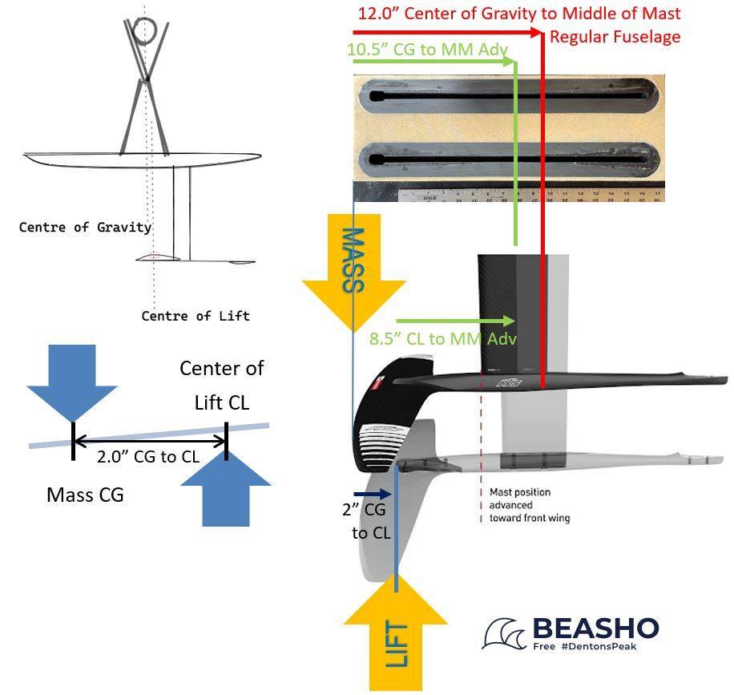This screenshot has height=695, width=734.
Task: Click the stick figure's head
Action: [x=145, y=31]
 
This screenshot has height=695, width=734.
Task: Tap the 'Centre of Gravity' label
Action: [x=85, y=227]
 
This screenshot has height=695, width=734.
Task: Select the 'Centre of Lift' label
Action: [x=195, y=316]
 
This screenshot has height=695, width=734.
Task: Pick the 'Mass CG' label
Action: [x=85, y=495]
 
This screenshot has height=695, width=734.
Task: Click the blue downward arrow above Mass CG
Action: [x=72, y=382]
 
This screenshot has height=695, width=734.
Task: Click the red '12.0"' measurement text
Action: [x=379, y=14]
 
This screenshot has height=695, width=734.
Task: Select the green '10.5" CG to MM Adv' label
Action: [x=427, y=50]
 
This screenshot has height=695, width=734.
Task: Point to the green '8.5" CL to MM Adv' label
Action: [x=442, y=339]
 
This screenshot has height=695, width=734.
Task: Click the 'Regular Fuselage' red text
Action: [x=614, y=37]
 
